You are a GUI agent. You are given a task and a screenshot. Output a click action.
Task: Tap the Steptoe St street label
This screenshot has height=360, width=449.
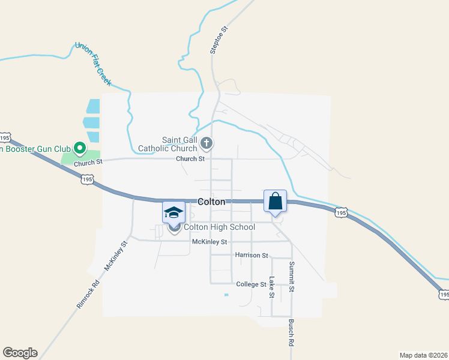tap(219, 40)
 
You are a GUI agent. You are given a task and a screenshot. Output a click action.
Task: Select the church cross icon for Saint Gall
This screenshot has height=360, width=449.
tap(207, 143)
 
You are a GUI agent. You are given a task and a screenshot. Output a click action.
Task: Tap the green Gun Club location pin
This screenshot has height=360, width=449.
tap(79, 148)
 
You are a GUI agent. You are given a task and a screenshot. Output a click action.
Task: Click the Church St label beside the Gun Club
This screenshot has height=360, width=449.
tap(88, 162)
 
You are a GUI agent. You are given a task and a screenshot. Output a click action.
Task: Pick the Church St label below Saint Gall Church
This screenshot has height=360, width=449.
tap(190, 159)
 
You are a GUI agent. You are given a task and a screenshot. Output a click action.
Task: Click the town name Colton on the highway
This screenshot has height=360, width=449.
tap(211, 202)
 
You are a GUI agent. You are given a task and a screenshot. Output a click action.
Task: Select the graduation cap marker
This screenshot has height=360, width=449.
tap(174, 213)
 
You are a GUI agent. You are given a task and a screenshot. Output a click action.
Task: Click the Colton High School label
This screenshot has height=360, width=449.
tap(219, 227)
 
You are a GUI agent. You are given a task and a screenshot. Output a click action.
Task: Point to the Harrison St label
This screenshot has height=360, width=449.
tap(252, 255)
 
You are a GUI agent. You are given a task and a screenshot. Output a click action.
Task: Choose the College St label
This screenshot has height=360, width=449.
tap(251, 284)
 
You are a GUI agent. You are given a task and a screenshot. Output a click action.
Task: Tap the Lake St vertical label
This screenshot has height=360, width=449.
tap(271, 287)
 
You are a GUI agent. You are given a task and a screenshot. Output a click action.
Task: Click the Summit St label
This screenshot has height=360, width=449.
tap(292, 277)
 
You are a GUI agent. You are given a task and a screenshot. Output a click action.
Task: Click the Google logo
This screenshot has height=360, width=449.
tap(20, 353)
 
